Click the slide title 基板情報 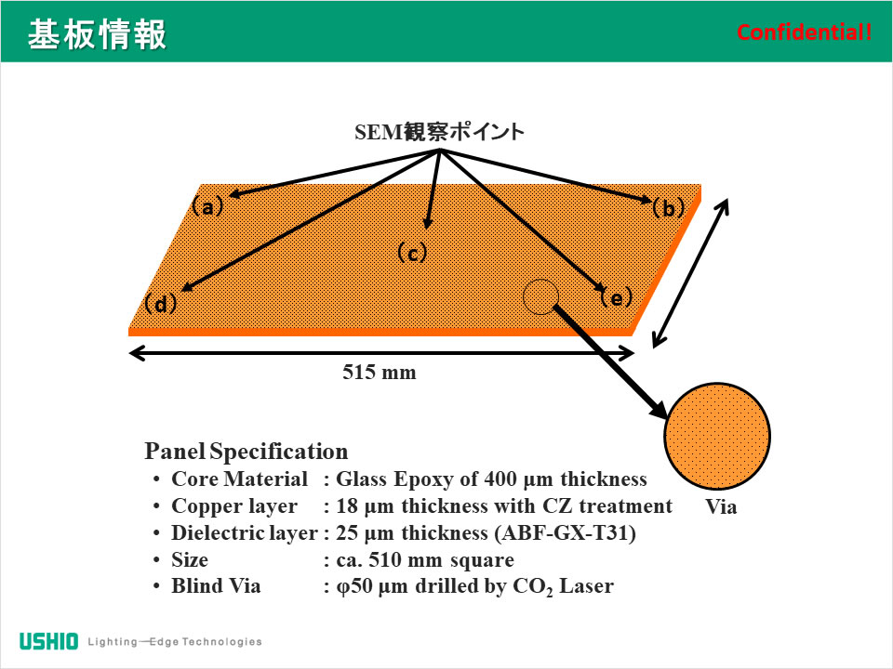(97, 34)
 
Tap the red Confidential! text (805, 33)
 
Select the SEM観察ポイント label (439, 132)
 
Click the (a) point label (208, 206)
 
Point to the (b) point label (668, 208)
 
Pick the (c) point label (411, 253)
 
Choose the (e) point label (616, 297)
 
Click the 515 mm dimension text (380, 373)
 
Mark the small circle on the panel (540, 296)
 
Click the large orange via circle (716, 437)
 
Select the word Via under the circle (721, 507)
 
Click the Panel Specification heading (247, 453)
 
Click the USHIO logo (49, 641)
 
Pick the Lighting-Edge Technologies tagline (175, 641)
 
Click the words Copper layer (234, 506)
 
